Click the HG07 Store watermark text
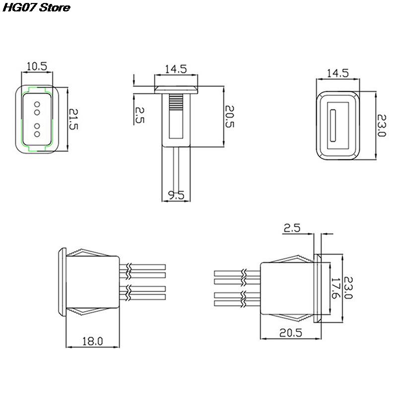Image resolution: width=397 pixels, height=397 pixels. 35,8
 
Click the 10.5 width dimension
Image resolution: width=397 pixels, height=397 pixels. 36,66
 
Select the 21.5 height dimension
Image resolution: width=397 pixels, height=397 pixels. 73,120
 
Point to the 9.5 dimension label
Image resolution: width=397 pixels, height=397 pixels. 176,196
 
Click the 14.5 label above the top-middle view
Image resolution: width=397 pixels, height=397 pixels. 176,69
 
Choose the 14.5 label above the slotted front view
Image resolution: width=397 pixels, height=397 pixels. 337,73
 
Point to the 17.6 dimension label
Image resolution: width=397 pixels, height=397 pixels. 334,288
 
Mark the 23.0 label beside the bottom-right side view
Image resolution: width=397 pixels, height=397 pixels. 349,288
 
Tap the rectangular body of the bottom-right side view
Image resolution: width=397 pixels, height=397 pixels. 285,288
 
